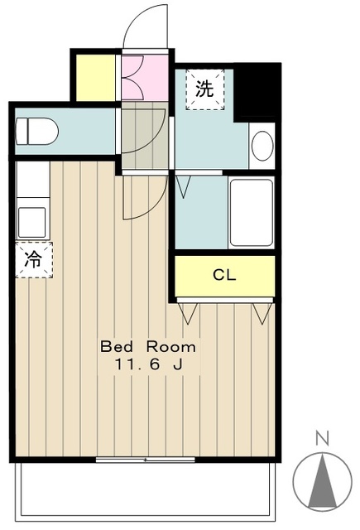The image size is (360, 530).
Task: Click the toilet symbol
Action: [36, 131]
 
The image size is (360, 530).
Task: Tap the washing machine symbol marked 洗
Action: [205, 89]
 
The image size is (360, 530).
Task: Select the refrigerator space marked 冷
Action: [34, 259]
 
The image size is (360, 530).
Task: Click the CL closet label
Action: [224, 275]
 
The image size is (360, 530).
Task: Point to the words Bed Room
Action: [148, 347]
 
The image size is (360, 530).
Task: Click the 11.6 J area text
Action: [149, 364]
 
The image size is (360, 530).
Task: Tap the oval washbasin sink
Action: [262, 146]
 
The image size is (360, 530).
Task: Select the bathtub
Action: [252, 212]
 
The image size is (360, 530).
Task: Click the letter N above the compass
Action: [322, 438]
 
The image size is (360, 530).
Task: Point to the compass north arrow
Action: [322, 480]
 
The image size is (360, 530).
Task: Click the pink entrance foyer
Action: [145, 77]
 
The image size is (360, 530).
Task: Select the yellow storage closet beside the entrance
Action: [95, 77]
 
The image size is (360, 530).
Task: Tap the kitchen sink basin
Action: [32, 223]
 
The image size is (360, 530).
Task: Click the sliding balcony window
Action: [145, 460]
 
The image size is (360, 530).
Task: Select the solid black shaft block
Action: [257, 92]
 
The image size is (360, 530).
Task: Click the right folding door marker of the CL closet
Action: [262, 314]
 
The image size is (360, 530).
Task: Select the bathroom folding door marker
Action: [184, 186]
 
